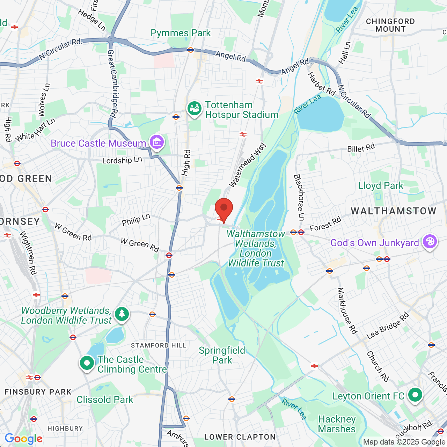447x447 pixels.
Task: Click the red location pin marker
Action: click(x=224, y=208)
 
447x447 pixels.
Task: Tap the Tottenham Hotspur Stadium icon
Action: click(x=195, y=109)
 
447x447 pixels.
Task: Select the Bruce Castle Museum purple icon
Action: click(x=157, y=142)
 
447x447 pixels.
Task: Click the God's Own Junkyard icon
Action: click(x=430, y=242)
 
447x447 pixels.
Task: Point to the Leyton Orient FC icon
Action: click(x=415, y=395)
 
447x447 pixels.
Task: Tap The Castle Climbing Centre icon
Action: click(x=87, y=363)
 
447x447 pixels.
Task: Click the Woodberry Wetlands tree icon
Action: click(x=122, y=314)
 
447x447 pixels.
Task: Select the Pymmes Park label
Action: click(x=181, y=33)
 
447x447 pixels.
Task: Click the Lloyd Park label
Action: click(x=381, y=185)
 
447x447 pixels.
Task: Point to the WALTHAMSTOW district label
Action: click(x=394, y=211)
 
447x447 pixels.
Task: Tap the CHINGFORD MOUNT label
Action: click(x=390, y=25)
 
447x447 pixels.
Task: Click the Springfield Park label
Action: click(x=222, y=355)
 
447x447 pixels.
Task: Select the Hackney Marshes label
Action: click(x=337, y=424)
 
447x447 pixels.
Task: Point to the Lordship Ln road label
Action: click(x=122, y=160)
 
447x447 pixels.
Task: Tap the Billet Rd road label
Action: click(x=361, y=148)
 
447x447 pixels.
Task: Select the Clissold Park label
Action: click(x=105, y=400)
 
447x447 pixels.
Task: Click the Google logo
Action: click(x=23, y=439)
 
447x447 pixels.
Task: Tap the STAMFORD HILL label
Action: click(x=159, y=345)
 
